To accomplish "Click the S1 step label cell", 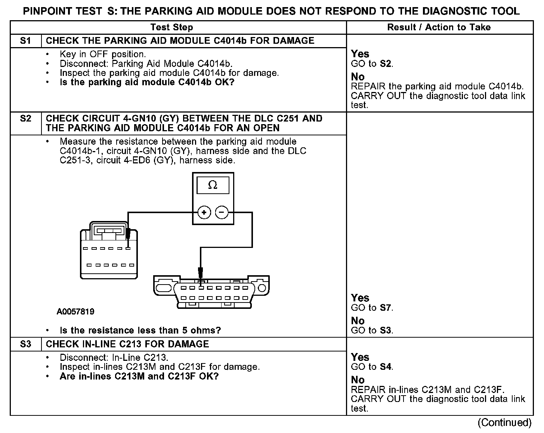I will [25, 41].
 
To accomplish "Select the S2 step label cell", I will [25, 119].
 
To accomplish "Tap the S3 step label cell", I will [25, 344].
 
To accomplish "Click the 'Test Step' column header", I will [171, 27].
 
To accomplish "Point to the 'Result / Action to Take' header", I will [439, 27].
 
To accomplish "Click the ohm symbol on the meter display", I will [213, 185].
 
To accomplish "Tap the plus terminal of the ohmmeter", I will [204, 213].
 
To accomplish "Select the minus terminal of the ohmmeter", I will [222, 213].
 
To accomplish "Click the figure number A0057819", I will [75, 311].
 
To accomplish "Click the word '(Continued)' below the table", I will [504, 423].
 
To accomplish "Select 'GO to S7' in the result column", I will [372, 308].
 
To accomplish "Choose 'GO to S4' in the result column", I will [372, 367].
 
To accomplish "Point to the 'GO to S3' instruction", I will [372, 331].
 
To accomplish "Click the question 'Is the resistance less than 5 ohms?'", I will [140, 331].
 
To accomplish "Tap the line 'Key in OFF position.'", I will [103, 54].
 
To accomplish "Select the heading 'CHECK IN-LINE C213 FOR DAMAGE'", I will [127, 344].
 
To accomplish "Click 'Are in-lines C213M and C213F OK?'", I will [139, 376].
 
